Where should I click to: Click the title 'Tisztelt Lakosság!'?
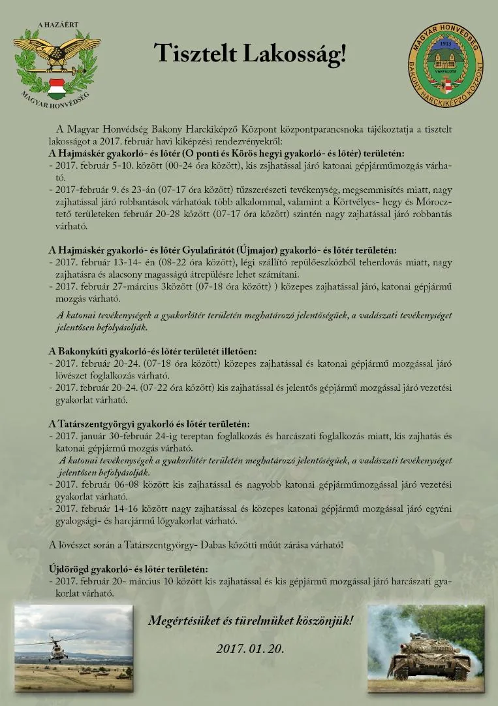250,54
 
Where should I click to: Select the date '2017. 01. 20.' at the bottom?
250,649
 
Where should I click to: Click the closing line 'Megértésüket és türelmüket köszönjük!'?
250,620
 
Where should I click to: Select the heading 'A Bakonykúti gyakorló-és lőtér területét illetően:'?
153,351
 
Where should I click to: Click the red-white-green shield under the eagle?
57,85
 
